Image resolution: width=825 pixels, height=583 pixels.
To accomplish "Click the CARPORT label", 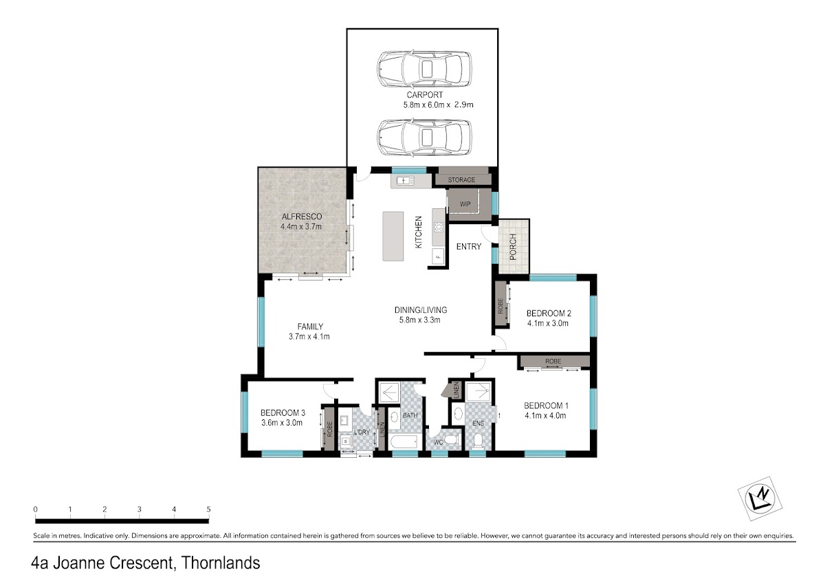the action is click(424, 95).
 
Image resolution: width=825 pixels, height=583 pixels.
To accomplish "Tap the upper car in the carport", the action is click(424, 69).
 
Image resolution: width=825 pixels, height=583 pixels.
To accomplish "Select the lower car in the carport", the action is click(424, 137).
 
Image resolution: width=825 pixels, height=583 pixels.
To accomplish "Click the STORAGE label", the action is click(461, 179).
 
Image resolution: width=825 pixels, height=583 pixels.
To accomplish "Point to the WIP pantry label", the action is click(465, 203).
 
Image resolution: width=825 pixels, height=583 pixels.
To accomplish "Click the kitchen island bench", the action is click(393, 236).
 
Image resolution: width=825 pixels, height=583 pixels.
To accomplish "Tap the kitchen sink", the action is click(405, 180).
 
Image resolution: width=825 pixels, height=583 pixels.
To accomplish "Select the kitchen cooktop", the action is click(439, 227).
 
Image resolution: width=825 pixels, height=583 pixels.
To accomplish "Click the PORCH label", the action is click(513, 247).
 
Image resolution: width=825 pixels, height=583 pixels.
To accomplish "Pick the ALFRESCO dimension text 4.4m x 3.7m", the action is click(301, 226).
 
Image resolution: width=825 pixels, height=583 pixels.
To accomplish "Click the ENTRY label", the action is click(468, 246).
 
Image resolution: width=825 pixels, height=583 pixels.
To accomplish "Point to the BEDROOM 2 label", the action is click(549, 313).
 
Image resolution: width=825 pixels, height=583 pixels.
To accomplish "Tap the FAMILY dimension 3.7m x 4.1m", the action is click(309, 336).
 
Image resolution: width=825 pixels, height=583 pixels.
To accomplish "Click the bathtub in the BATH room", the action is click(404, 441).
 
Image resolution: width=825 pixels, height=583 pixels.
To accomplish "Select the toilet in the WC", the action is click(451, 439).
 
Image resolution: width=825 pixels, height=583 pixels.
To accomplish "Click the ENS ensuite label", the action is click(478, 423).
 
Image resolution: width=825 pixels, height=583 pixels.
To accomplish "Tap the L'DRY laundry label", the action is click(362, 432).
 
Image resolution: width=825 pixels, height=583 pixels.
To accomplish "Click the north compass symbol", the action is click(760, 498).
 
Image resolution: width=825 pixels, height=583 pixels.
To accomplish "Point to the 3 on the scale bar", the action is click(139, 509).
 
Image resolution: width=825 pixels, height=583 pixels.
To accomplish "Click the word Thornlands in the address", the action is click(221, 563).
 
